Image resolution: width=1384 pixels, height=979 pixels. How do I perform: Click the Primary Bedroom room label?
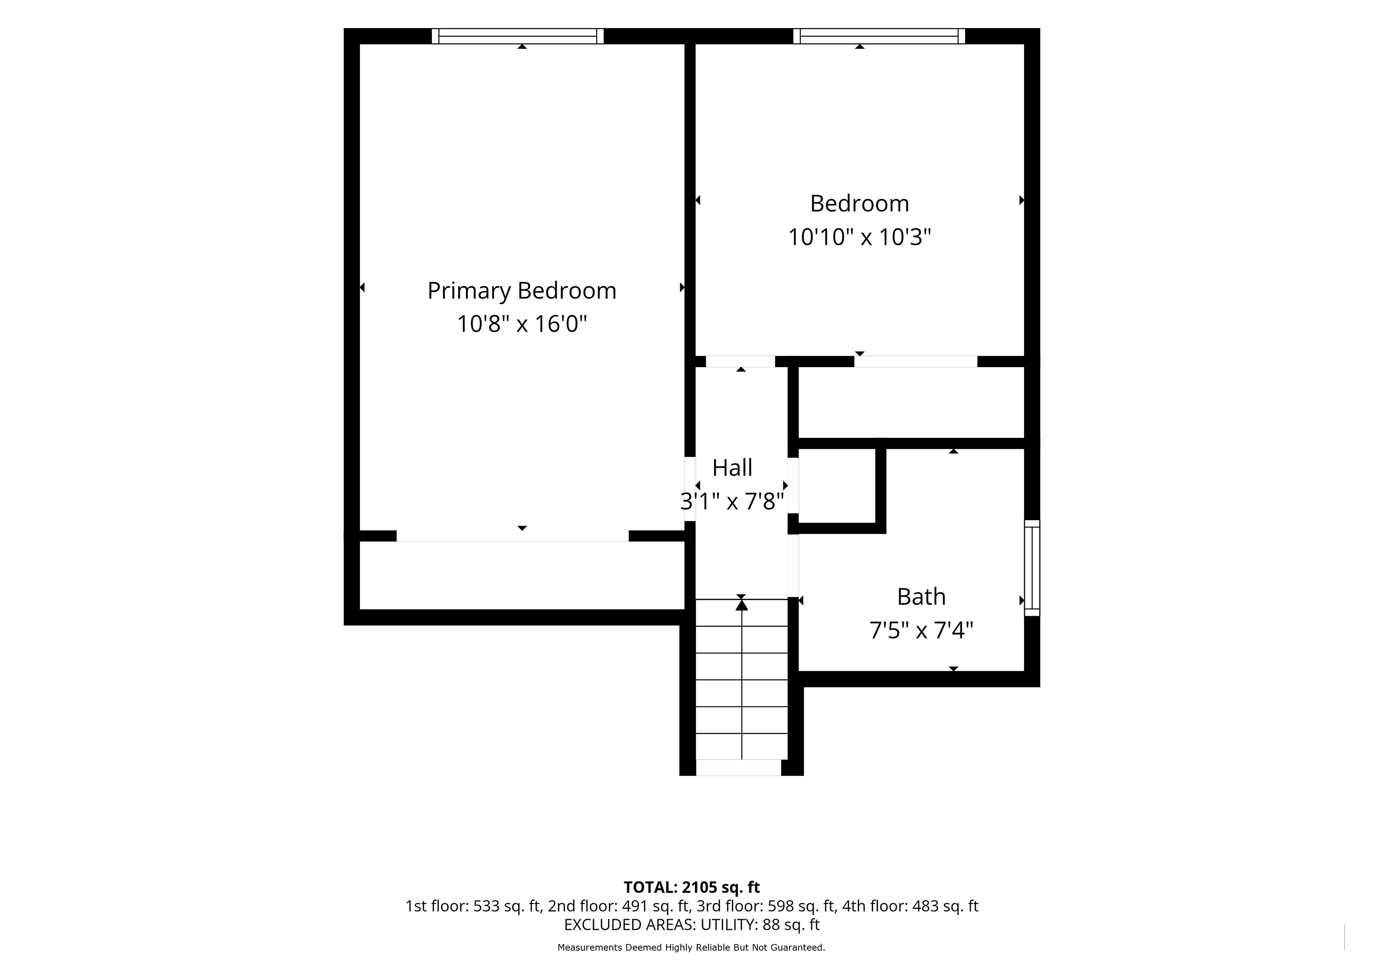(x=522, y=291)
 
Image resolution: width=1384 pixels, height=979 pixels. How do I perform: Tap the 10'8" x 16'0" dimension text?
(x=522, y=324)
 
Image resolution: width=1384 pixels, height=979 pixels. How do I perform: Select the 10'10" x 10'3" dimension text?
(x=860, y=238)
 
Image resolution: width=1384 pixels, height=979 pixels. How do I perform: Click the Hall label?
(x=733, y=468)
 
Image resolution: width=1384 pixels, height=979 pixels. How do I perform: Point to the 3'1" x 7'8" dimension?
(x=733, y=501)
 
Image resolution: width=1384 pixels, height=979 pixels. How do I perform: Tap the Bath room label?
(x=921, y=597)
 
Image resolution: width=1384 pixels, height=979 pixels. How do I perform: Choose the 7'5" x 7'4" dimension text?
(x=921, y=631)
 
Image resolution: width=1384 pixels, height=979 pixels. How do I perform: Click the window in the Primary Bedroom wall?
(x=518, y=36)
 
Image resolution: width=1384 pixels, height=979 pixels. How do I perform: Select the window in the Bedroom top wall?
(x=879, y=36)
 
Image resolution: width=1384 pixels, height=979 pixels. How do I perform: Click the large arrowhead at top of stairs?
(x=741, y=604)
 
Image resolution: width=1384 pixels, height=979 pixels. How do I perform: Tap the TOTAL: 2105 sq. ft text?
(x=692, y=887)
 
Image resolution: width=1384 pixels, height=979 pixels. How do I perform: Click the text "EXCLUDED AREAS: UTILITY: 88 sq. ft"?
(x=692, y=925)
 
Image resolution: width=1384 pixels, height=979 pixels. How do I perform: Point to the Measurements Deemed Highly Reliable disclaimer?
(x=692, y=947)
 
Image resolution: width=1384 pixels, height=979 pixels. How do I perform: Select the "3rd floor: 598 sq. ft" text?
(x=766, y=906)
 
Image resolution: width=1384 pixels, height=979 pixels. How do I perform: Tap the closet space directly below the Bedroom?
(x=911, y=402)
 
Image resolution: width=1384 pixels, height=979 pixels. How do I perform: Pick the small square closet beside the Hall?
(x=837, y=486)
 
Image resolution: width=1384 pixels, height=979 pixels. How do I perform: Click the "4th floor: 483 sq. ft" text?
(x=910, y=906)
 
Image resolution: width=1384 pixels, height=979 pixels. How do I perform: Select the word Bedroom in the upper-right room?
(x=860, y=204)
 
